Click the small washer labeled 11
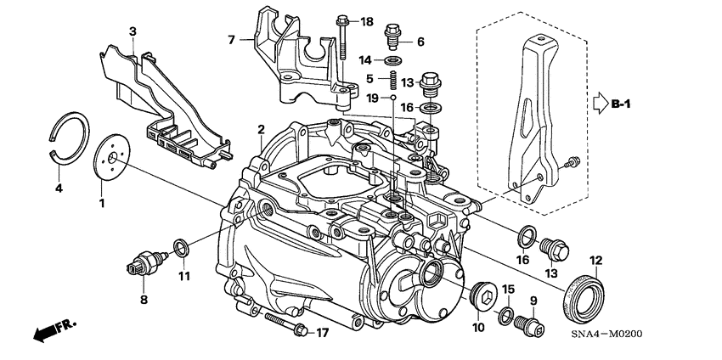[x=181, y=247]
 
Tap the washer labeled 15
[x=505, y=317]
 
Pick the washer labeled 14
[x=393, y=61]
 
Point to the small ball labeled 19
[x=395, y=99]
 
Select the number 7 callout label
[x=230, y=39]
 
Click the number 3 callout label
[x=133, y=31]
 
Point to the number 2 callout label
[x=262, y=129]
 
